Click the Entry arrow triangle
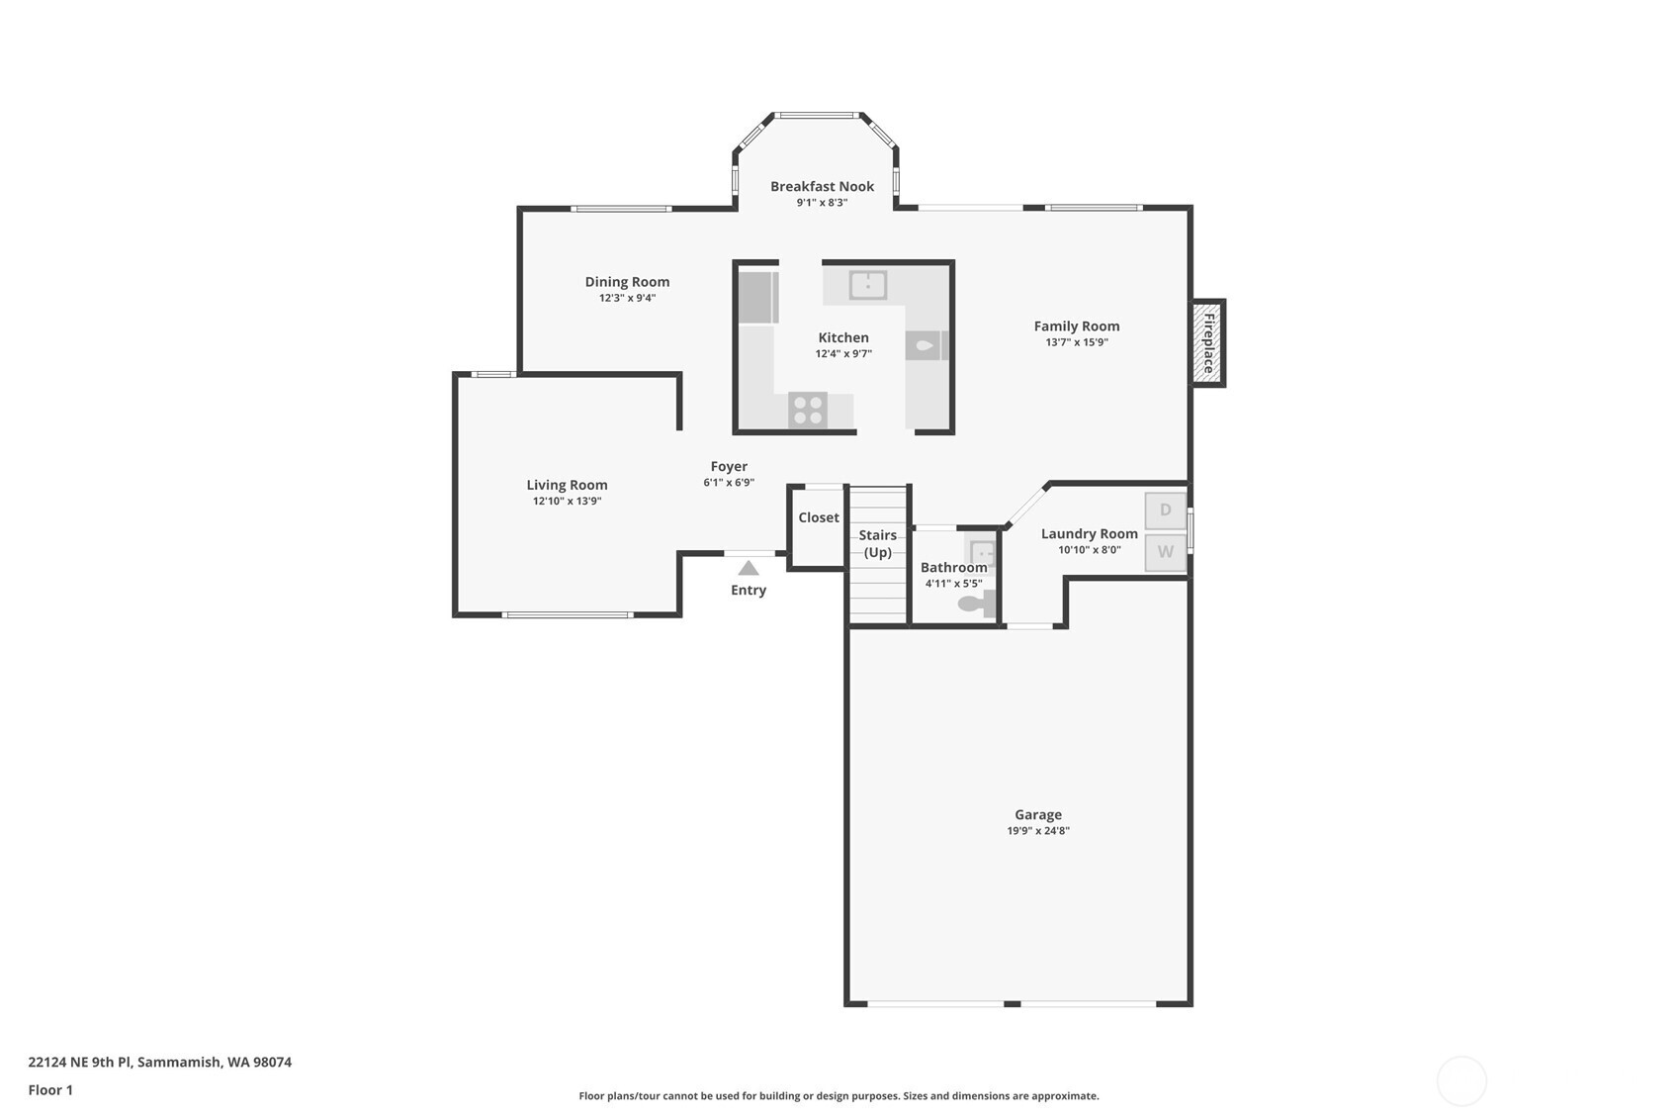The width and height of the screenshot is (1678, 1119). coord(749,568)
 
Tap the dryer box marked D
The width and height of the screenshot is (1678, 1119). coord(1165,511)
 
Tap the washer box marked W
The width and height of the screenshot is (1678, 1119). coord(1165,552)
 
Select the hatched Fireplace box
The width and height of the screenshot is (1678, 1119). coord(1207,343)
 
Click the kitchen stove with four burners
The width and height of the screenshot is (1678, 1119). coord(808,410)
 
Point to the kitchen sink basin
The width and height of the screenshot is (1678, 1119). coord(867,285)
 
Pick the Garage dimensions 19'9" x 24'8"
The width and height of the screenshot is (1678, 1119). coord(1037,831)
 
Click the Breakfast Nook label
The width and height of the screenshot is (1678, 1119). coord(822,186)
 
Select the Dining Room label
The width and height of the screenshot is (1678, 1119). coord(627,282)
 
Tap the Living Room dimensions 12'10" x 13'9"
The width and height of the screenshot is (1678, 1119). coord(567,502)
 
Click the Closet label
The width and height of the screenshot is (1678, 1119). coord(819,517)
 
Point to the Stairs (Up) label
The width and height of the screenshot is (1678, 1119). coord(877,543)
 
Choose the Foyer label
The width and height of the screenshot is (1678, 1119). coord(729,466)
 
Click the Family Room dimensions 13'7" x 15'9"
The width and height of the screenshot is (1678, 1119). coord(1077,342)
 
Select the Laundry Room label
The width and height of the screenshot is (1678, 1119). coord(1089,533)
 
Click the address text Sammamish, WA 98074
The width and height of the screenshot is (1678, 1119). coord(215,1063)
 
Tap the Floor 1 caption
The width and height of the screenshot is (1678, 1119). coord(50,1090)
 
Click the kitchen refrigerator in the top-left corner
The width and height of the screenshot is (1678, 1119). coord(758,297)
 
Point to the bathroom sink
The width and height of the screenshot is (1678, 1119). coord(982,552)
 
